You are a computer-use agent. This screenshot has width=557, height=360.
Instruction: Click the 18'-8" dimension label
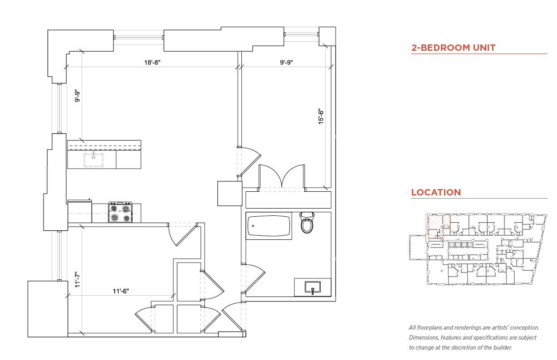tap(152, 62)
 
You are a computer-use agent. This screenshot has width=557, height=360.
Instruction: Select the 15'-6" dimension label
tap(321, 117)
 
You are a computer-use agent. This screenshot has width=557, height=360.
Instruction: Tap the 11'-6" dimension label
tap(121, 291)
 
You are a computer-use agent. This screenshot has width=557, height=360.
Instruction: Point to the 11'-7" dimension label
tap(78, 280)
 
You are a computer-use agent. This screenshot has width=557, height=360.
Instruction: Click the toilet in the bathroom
tap(307, 222)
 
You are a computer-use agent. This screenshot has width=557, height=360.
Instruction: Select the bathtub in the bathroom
tap(269, 226)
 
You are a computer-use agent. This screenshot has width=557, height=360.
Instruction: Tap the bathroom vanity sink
tap(313, 287)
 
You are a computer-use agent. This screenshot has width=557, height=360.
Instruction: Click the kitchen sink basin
tap(93, 160)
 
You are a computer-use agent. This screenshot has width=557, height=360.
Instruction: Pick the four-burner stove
tap(120, 212)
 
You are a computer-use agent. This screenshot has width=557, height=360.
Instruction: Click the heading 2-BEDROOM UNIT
tap(453, 48)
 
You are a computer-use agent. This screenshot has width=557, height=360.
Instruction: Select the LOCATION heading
tap(436, 192)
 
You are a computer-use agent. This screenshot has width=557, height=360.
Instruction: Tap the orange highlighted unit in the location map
tap(438, 226)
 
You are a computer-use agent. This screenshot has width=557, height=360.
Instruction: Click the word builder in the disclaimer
tap(503, 348)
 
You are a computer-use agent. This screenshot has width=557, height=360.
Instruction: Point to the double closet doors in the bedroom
tap(282, 176)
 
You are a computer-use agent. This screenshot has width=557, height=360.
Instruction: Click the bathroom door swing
tap(253, 278)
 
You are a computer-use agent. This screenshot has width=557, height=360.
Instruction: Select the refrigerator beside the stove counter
tap(79, 211)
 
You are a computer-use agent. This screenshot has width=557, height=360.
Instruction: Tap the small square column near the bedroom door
tap(230, 194)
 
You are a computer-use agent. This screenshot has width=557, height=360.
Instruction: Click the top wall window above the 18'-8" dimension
tap(139, 37)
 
